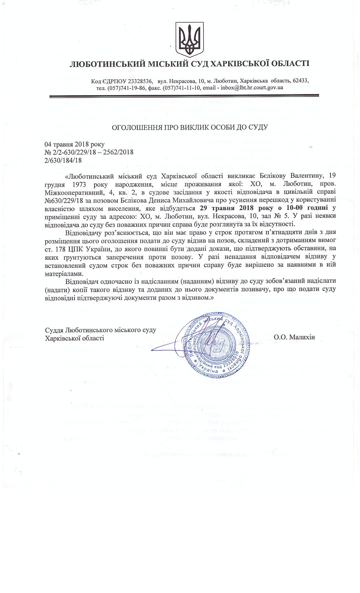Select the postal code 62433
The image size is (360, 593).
(x=300, y=81)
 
